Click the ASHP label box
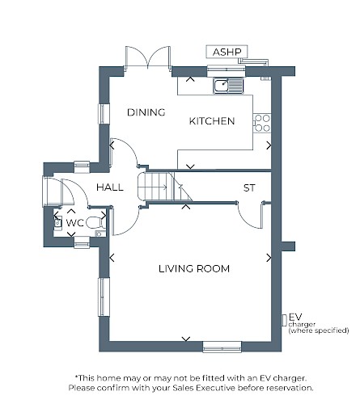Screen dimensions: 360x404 point(227,52)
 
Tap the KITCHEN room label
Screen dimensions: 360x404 point(212,121)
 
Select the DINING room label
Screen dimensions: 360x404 point(146,112)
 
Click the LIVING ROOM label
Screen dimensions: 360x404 point(194,269)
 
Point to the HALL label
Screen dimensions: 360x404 point(110,187)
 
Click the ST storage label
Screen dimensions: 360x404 point(249,188)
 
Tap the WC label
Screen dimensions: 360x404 point(75,223)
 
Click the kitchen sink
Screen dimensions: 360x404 point(228,86)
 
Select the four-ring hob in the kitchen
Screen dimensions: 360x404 point(262,123)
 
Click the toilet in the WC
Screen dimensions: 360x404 point(95,223)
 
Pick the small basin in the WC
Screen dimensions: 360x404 point(57,222)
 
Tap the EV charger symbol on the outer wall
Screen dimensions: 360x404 point(284,320)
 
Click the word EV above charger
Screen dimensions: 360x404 point(295,317)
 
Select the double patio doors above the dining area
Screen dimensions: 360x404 point(148,58)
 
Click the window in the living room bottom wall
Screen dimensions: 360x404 point(222,347)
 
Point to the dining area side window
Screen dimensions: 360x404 point(104,114)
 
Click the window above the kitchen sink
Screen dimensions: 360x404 point(227,70)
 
